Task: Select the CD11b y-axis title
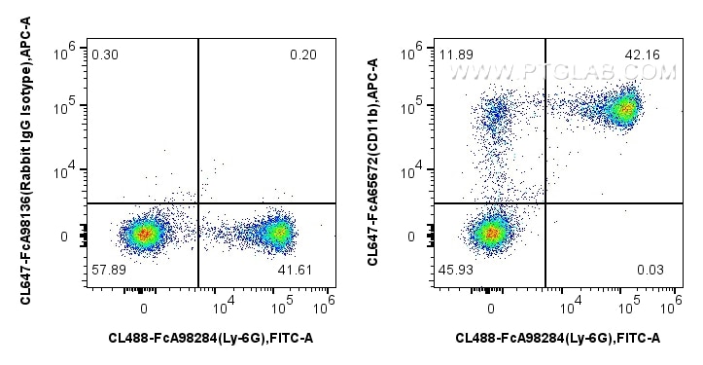[x=378, y=161]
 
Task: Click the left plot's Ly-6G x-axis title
[x=210, y=338]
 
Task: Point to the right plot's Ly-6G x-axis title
[x=558, y=338]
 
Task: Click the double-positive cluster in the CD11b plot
[x=621, y=108]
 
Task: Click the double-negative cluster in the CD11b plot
[x=491, y=233]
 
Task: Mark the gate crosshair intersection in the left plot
[x=198, y=202]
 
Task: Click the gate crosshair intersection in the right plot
[x=545, y=202]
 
